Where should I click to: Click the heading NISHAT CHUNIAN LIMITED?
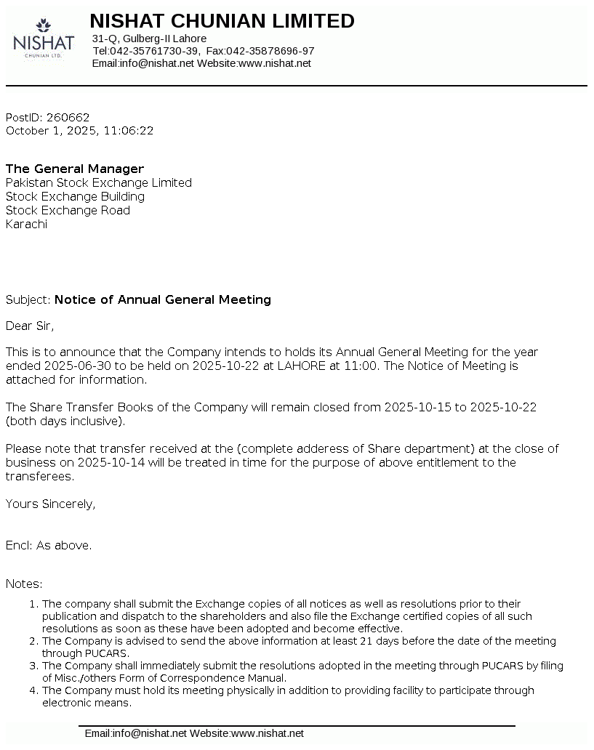pos(222,21)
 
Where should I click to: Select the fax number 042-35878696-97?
pos(270,51)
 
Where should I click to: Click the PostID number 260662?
pos(68,117)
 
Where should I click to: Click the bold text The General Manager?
pos(75,169)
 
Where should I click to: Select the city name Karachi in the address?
pos(26,224)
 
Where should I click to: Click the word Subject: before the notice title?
pos(28,299)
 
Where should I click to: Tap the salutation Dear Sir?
pos(30,326)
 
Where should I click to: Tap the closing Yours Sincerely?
pos(50,504)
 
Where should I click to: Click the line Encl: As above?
pos(49,545)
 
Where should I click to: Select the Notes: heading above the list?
pos(24,584)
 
